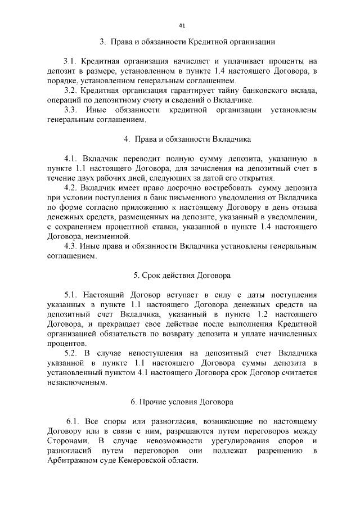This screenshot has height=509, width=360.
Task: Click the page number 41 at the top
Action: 182,25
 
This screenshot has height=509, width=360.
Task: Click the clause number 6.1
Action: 74,421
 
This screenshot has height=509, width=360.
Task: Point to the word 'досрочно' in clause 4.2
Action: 183,187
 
